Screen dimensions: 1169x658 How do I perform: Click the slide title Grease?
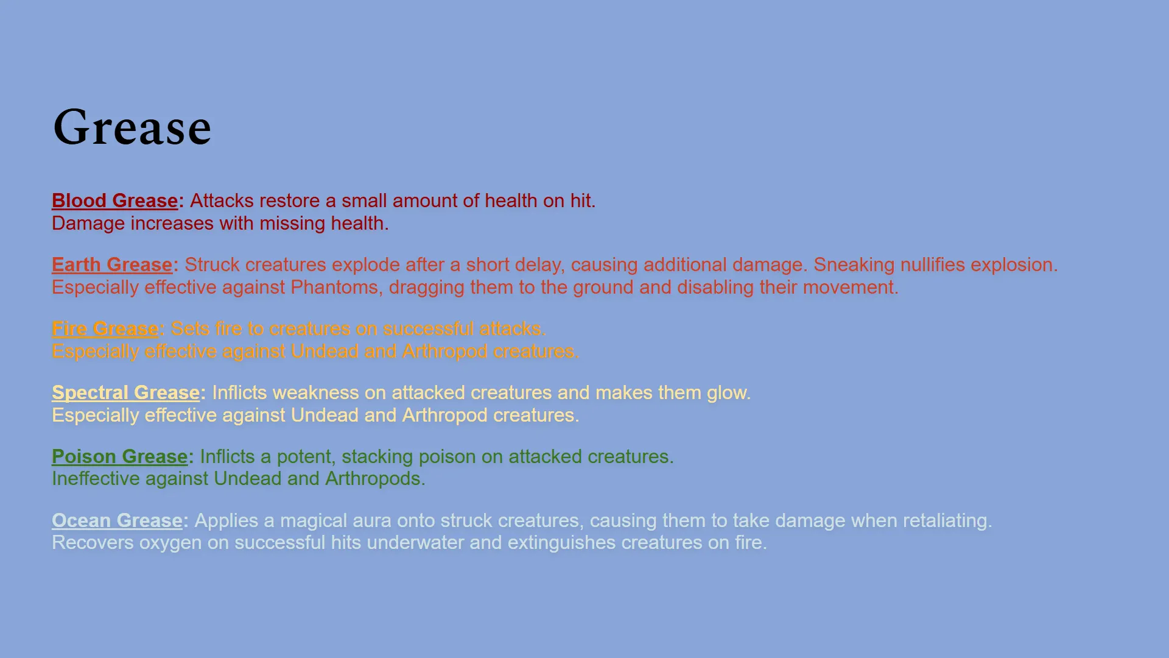[132, 127]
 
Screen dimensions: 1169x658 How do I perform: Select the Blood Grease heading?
[114, 200]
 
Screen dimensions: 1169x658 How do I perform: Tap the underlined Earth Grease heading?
[112, 264]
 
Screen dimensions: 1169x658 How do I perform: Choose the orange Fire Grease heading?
[105, 328]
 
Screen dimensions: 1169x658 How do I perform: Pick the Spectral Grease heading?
[125, 392]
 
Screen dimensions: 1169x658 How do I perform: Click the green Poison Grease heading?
[119, 456]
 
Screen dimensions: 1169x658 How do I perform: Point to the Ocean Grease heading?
[117, 520]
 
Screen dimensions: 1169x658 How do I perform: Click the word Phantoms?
[337, 287]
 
